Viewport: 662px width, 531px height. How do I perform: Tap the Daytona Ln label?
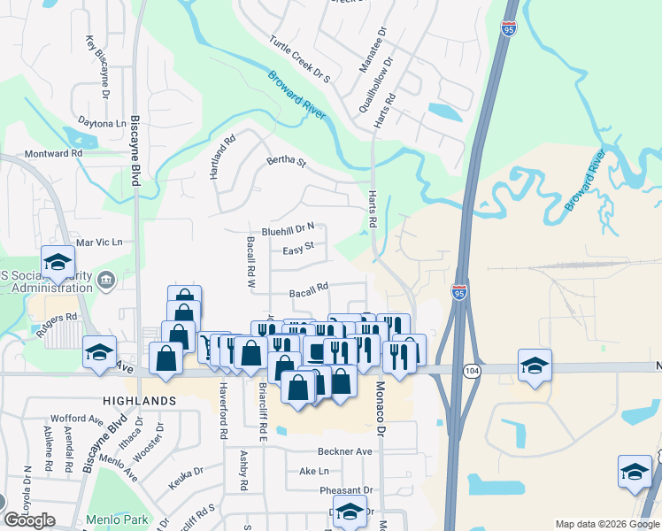click(x=102, y=123)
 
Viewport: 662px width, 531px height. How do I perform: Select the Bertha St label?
click(x=286, y=163)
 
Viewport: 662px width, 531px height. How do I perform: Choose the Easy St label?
click(x=298, y=250)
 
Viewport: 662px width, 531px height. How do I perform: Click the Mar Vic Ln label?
click(x=99, y=242)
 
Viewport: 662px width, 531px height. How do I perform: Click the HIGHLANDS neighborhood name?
click(x=137, y=401)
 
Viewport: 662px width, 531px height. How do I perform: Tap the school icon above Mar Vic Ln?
click(x=58, y=262)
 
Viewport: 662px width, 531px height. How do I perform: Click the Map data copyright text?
click(x=606, y=524)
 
